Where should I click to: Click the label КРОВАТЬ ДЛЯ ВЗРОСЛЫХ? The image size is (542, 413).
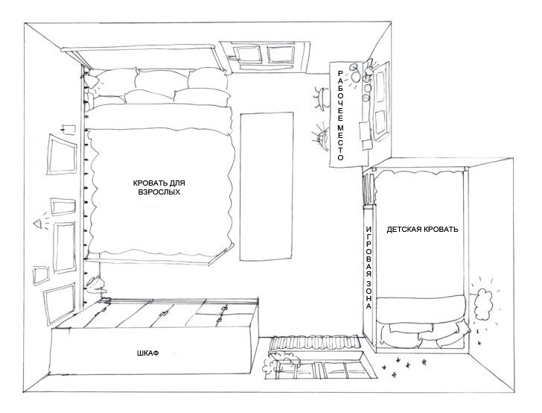tap(159, 187)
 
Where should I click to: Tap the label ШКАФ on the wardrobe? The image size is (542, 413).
tap(148, 353)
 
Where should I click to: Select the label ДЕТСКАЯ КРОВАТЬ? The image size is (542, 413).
tap(422, 229)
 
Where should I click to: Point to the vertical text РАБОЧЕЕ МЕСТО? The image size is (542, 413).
tap(340, 116)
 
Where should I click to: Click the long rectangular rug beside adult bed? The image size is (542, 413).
tap(267, 186)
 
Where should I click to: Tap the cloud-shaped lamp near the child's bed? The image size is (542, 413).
tap(483, 304)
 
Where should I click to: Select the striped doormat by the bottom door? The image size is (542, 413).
tap(315, 342)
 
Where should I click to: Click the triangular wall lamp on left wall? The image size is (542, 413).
tap(38, 224)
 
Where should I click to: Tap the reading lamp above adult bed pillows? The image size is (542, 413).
tap(92, 82)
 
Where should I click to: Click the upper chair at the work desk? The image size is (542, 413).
tap(322, 98)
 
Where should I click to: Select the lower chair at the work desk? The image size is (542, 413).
tap(322, 137)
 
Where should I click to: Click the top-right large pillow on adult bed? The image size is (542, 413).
tap(208, 78)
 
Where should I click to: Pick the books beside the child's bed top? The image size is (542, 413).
tap(369, 189)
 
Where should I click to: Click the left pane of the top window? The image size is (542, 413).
tap(247, 54)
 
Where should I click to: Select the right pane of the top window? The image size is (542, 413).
tap(281, 55)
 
